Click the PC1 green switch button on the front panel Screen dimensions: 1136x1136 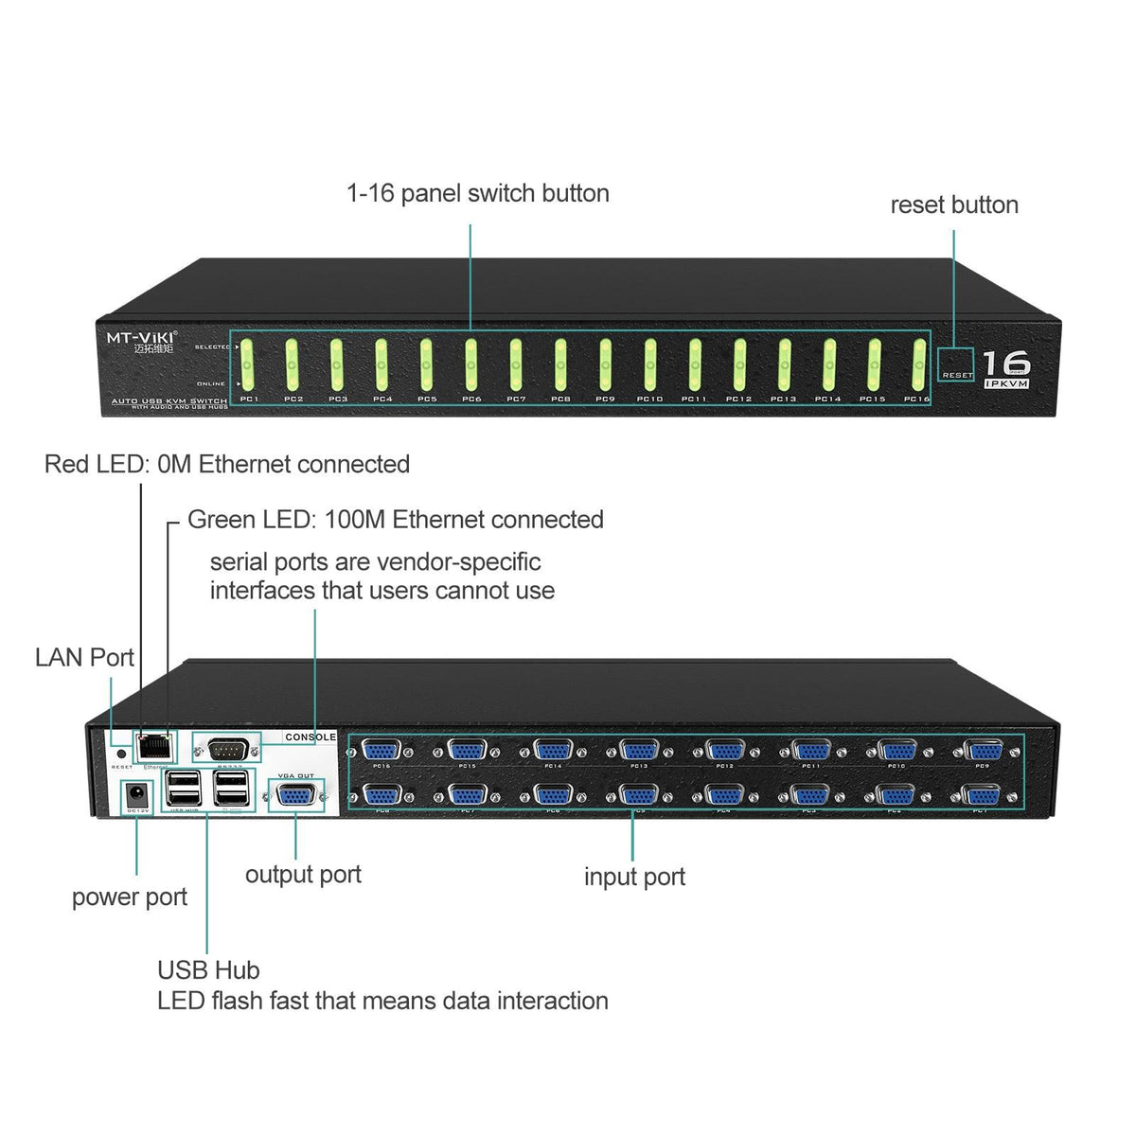247,364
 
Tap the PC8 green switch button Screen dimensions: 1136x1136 560,364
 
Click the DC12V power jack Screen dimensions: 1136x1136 136,792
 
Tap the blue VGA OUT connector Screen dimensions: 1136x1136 296,795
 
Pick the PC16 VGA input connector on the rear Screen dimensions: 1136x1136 382,751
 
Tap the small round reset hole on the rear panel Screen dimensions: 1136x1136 121,754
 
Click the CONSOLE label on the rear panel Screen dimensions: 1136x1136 311,737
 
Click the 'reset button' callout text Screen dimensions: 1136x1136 954,205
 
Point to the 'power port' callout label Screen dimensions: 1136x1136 130,896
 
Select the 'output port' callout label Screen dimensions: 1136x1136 303,874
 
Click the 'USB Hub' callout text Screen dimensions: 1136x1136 208,969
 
